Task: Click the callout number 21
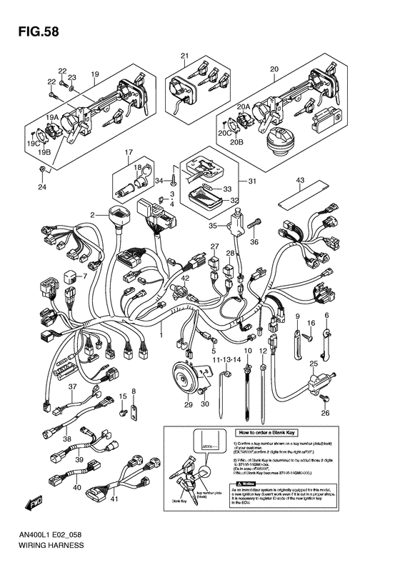click(184, 56)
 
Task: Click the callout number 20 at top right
click(274, 69)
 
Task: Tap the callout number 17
click(129, 152)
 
